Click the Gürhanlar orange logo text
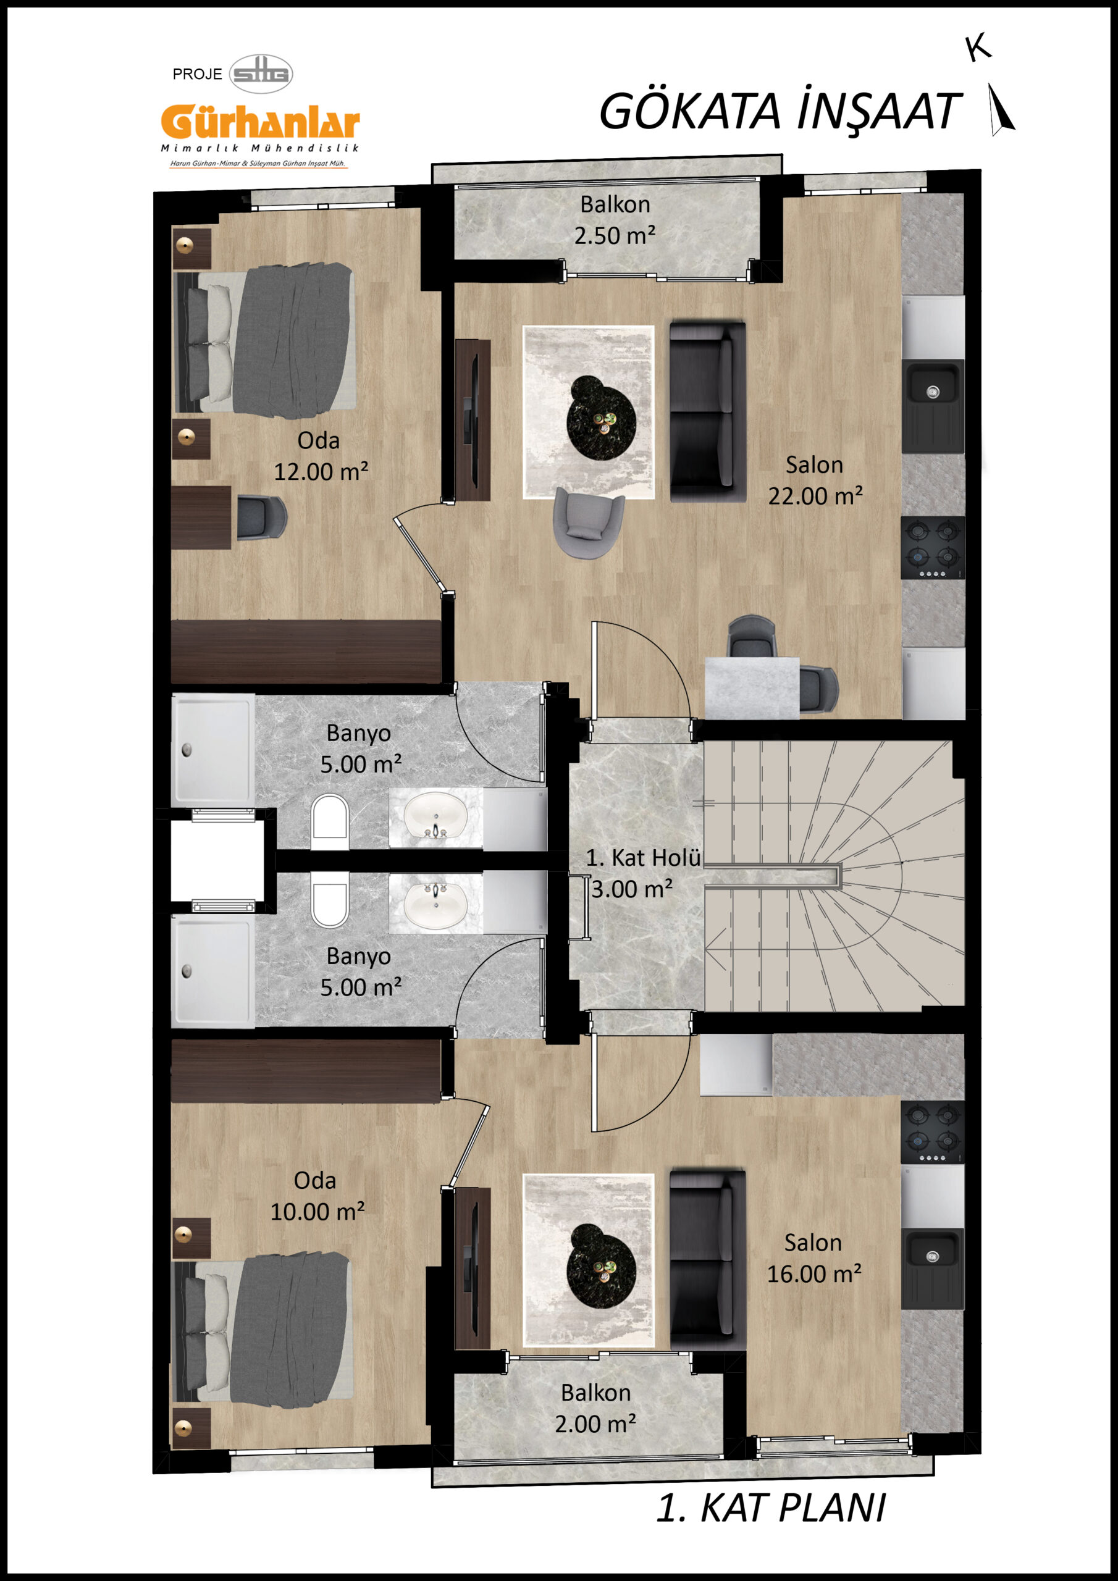point(261,122)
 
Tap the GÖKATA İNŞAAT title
point(779,112)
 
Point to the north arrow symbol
point(1001,109)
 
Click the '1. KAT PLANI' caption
point(771,1508)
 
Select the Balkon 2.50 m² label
point(615,220)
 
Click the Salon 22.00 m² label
point(815,480)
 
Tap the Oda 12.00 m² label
point(321,456)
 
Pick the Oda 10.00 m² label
point(317,1197)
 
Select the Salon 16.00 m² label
point(813,1259)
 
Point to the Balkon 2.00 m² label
point(596,1408)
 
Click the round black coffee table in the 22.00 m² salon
point(600,418)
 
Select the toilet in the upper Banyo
point(330,822)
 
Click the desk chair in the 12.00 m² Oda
point(261,517)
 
